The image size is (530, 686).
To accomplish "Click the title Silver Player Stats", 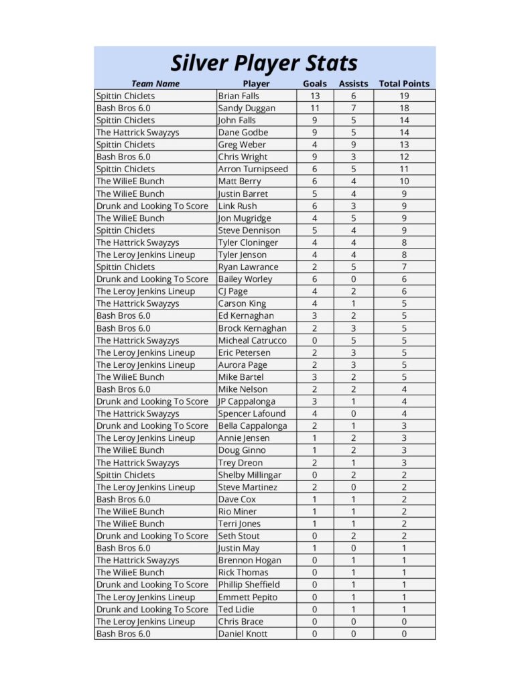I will pos(264,63).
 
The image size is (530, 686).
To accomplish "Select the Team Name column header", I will pos(155,84).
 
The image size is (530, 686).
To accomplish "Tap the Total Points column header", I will pos(404,84).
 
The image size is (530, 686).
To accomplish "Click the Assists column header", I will pos(353,84).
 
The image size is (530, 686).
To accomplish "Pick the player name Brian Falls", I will pos(239,96).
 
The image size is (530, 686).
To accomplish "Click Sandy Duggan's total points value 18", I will pos(404,108).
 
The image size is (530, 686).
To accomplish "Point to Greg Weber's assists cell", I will pos(353,145).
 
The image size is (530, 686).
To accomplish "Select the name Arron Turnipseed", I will pos(253,169).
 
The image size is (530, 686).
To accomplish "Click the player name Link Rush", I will pos(237,206).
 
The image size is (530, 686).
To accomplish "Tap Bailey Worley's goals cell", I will pos(315,279).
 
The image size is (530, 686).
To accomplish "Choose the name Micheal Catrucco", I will pos(252,340).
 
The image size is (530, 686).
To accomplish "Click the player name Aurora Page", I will pos(243,364).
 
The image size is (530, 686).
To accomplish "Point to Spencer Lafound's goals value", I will pos(315,413).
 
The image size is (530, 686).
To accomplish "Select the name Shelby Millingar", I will pos(250,475).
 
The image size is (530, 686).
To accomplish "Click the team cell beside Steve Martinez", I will pos(145,487).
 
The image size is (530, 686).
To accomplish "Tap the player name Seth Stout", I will pos(239,536).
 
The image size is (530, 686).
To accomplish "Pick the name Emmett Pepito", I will pos(247,597).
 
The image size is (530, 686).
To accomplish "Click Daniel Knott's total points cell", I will pos(404,634).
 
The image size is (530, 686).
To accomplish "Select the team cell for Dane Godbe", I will pos(137,133).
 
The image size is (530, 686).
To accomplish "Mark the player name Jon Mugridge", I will pos(245,218).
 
